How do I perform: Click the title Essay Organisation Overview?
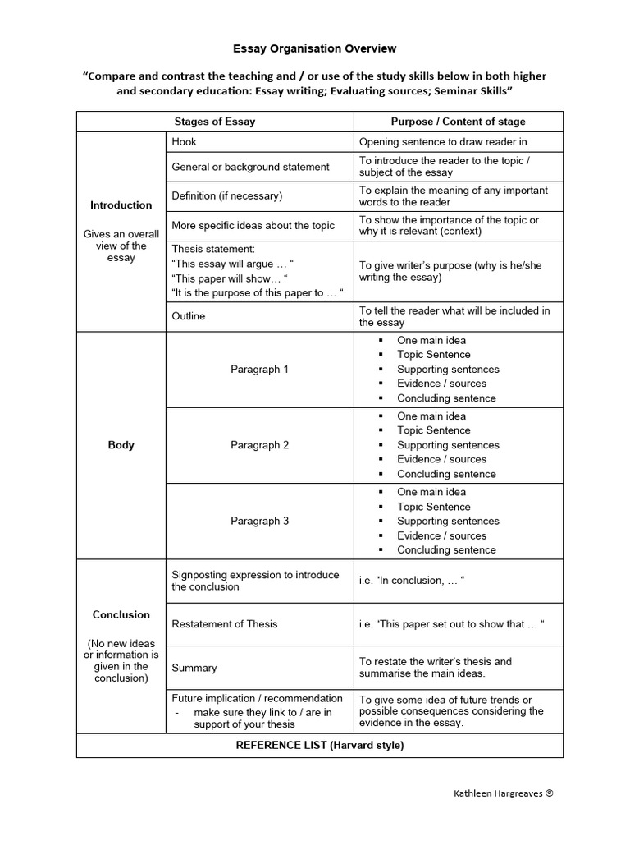315,49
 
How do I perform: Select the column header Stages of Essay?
215,122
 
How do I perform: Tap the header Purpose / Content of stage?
458,122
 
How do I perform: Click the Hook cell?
185,142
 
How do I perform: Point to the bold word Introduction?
121,205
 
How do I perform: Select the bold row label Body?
121,445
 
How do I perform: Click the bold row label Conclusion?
121,614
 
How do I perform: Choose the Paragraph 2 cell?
259,445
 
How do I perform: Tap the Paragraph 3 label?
259,522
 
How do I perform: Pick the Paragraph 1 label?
259,370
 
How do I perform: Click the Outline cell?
189,316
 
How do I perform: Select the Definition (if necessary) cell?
226,196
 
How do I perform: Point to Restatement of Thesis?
225,624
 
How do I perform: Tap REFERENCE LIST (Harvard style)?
320,746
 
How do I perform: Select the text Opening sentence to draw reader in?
443,142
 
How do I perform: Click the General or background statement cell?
250,167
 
